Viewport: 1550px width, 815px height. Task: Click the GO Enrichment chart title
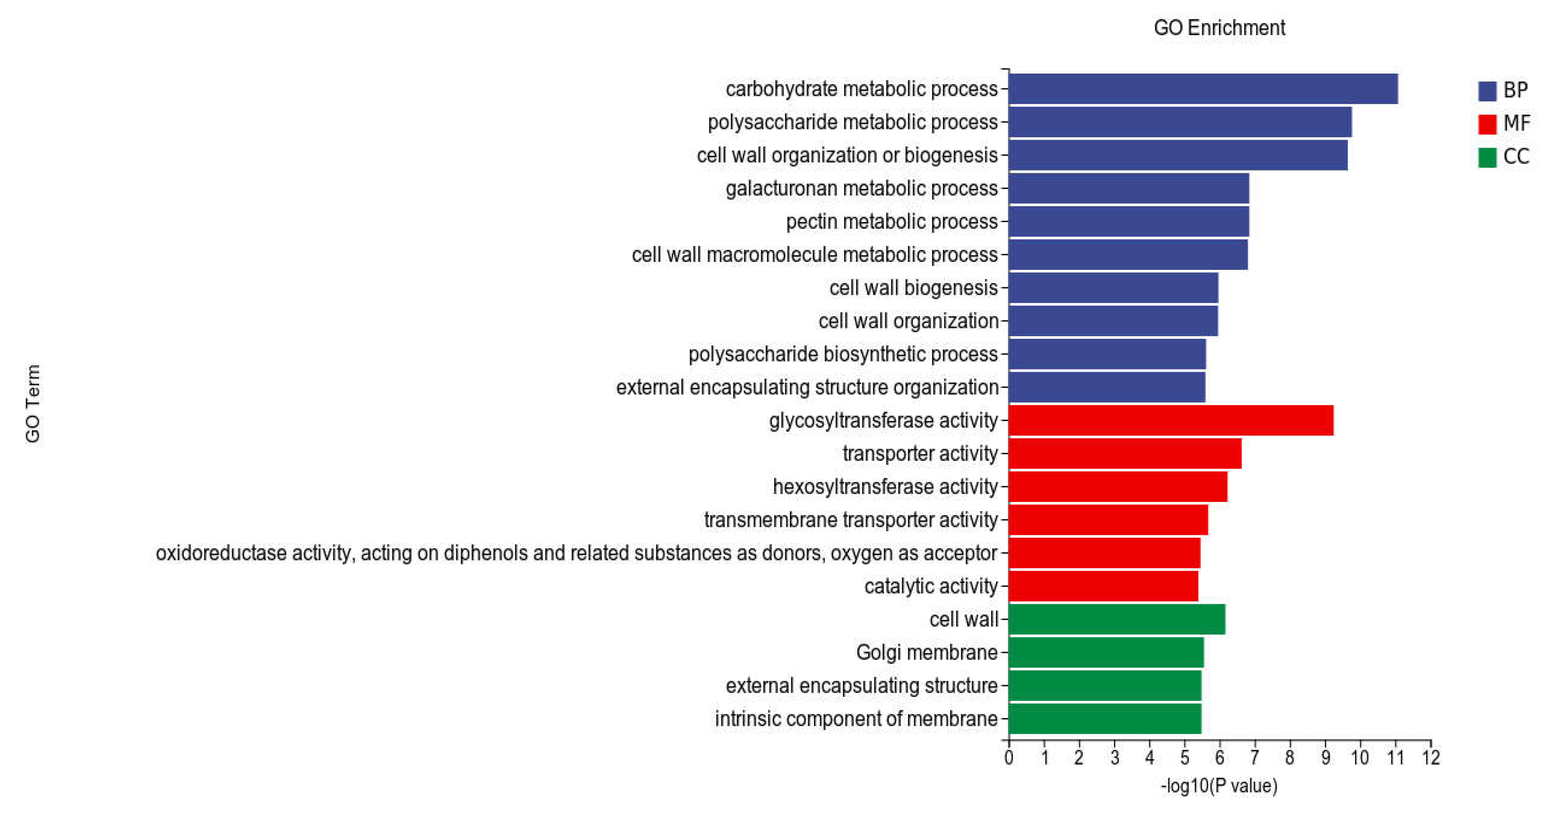click(1219, 28)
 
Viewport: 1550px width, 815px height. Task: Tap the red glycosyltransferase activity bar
click(1170, 421)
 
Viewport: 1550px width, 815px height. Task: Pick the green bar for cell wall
click(1116, 620)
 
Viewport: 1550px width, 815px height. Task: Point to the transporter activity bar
click(1124, 453)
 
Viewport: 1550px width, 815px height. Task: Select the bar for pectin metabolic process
click(1128, 221)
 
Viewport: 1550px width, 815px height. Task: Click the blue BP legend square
click(1487, 91)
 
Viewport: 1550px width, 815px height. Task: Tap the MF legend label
click(1516, 123)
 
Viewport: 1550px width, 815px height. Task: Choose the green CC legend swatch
click(1487, 157)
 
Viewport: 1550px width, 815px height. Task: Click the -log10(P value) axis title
click(1219, 786)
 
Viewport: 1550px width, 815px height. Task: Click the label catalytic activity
click(931, 586)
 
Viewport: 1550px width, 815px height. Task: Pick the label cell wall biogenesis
click(913, 288)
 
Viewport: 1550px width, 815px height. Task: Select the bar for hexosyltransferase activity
click(1117, 487)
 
